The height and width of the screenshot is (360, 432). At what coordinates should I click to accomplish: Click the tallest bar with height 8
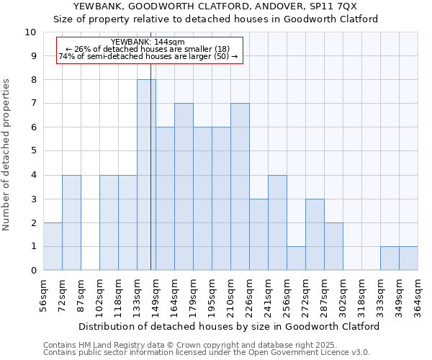(x=146, y=175)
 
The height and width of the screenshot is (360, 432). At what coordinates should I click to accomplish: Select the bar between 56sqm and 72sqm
(x=53, y=246)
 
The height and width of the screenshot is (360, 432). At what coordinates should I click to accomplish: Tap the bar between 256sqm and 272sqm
(x=296, y=258)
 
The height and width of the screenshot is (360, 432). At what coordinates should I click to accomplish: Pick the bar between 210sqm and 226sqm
(x=240, y=187)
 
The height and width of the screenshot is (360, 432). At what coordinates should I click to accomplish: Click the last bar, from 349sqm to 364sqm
(x=408, y=258)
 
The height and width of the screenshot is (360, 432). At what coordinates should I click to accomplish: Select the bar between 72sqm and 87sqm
(x=71, y=222)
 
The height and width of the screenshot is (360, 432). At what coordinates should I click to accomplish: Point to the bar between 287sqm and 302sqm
(x=333, y=246)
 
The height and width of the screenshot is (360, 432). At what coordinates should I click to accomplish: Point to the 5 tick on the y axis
(x=33, y=151)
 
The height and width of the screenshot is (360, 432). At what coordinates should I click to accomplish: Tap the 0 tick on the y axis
(x=33, y=271)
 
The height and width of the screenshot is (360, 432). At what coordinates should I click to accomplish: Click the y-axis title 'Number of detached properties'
(x=7, y=155)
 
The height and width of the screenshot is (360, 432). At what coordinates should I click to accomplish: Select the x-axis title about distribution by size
(x=229, y=326)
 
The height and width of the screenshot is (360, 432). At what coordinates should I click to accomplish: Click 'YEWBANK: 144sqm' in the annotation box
(x=148, y=42)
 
